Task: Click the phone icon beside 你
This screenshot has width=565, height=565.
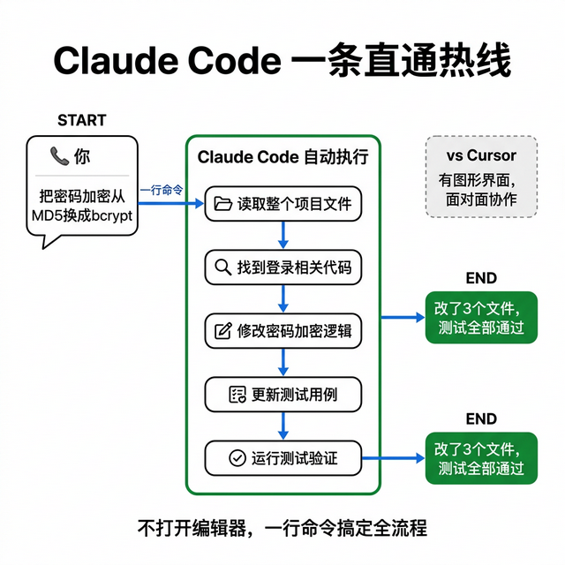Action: (59, 157)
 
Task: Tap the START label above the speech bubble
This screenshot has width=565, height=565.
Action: (81, 120)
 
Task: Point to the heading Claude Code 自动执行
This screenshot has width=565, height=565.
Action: (282, 157)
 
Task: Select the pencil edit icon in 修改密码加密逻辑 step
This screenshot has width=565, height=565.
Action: (222, 332)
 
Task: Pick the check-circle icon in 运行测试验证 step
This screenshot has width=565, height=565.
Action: (237, 458)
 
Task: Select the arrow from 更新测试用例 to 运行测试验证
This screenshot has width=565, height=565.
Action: (282, 426)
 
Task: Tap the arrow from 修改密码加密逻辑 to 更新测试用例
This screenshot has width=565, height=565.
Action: (282, 363)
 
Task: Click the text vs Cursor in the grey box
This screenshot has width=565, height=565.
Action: (480, 156)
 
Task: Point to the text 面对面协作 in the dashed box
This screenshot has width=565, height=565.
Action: (480, 200)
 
